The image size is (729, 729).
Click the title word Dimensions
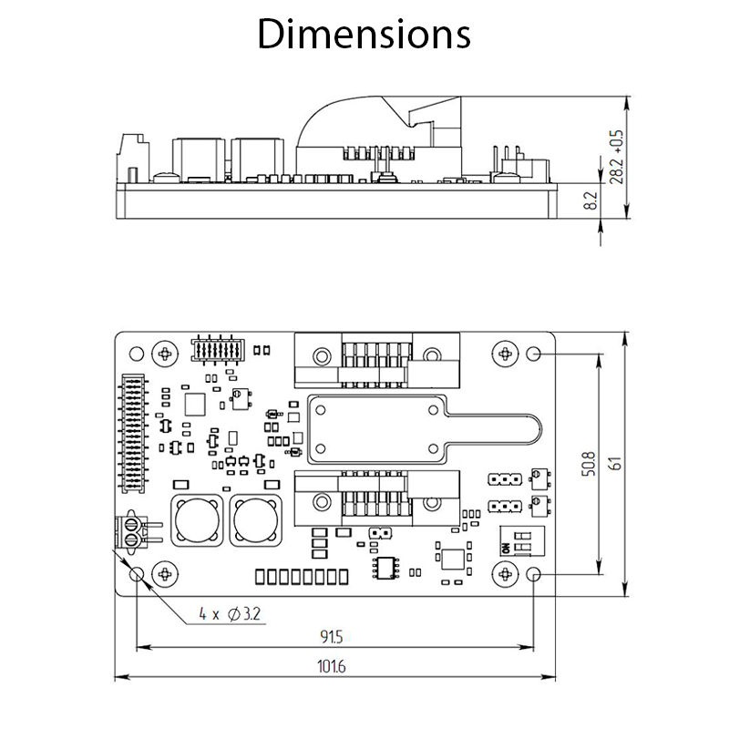364,35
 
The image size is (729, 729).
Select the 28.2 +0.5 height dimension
617,156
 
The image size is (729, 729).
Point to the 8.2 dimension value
590,202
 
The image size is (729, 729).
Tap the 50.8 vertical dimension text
589,465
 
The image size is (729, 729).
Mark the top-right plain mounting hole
534,354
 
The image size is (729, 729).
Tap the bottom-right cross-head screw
505,573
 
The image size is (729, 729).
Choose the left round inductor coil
198,521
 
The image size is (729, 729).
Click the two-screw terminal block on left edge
132,531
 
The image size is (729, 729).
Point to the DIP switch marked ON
517,541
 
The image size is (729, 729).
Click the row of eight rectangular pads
301,576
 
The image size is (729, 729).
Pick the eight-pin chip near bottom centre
385,567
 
